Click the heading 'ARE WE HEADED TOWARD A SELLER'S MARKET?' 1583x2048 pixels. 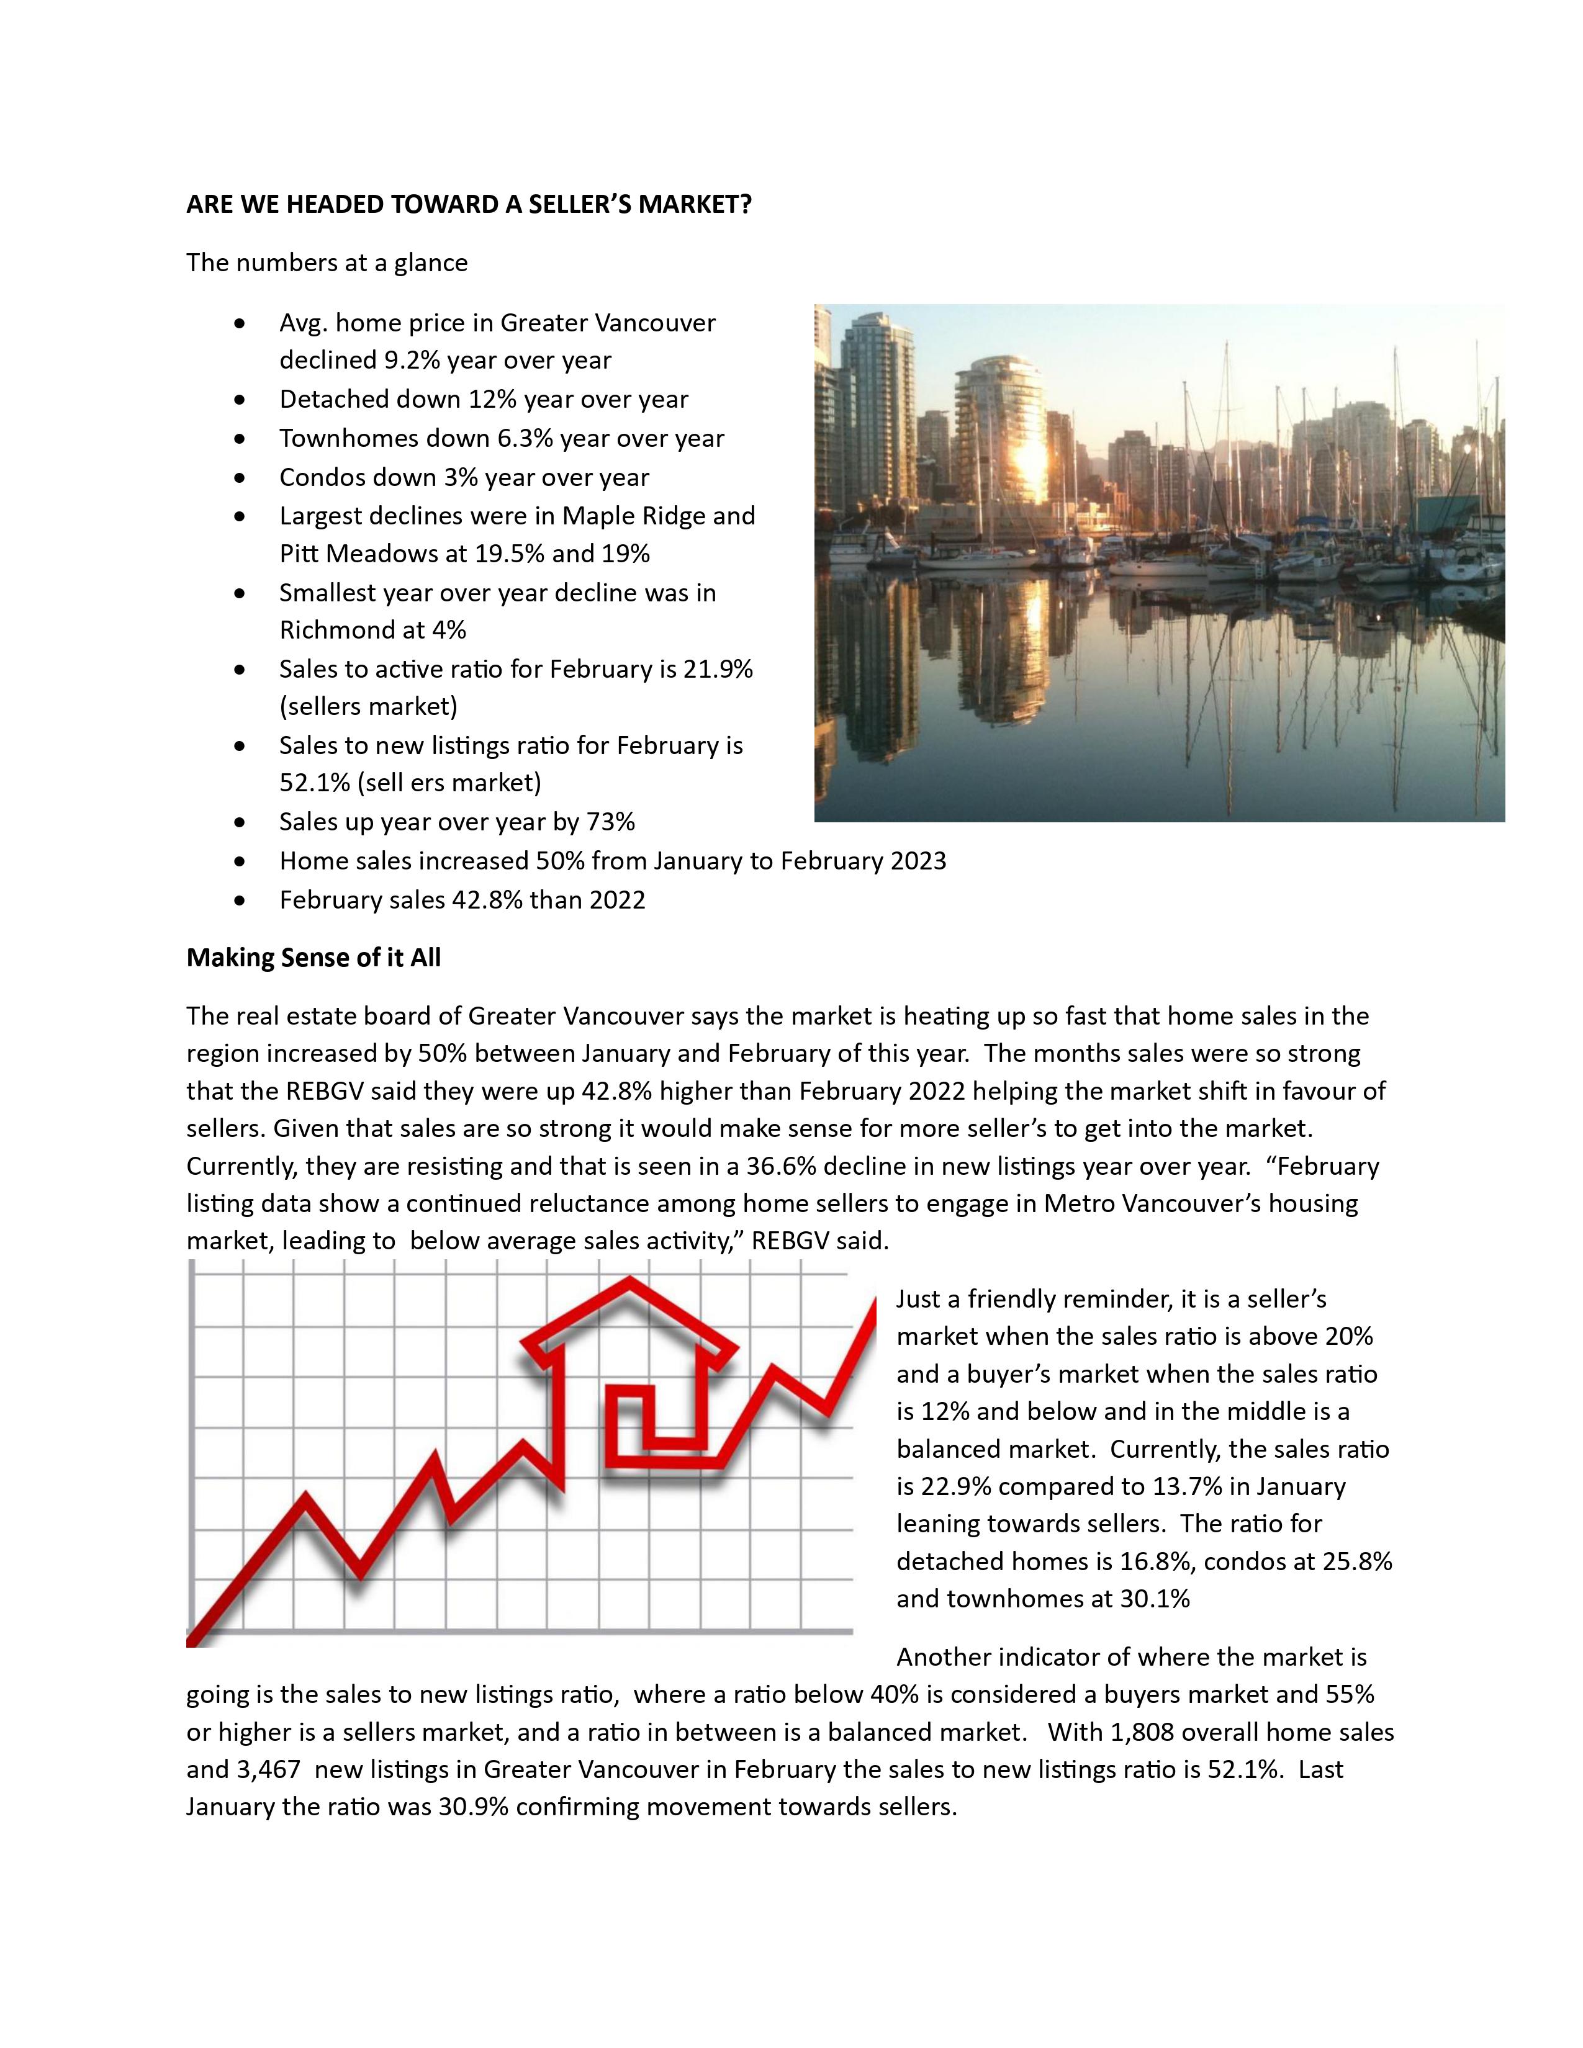[469, 204]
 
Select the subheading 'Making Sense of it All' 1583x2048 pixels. [313, 958]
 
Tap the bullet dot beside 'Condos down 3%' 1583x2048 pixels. [242, 478]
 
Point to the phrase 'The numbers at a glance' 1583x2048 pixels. [327, 263]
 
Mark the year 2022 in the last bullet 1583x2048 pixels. [617, 900]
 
